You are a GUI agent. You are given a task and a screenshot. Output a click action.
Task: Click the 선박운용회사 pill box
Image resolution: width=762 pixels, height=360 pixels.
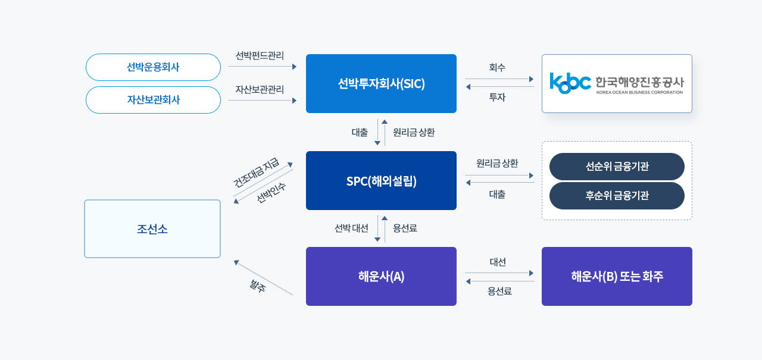pos(153,67)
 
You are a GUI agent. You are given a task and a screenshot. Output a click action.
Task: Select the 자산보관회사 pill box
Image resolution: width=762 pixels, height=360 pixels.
pos(153,100)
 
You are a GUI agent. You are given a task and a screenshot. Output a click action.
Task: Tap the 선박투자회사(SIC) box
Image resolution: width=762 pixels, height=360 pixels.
pos(381,84)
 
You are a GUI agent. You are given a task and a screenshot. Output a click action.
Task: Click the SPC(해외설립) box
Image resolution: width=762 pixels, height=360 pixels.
pos(381,181)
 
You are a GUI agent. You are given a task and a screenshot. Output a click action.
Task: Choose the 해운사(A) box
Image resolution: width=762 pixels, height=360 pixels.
pos(381,277)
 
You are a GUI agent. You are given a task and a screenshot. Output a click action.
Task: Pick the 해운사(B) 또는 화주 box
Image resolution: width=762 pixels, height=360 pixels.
pos(617,277)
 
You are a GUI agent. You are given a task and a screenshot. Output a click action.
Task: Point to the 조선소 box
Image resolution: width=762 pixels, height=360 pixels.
pos(152,229)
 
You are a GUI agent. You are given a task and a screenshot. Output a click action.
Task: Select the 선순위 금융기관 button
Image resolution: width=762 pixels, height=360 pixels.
pos(617,167)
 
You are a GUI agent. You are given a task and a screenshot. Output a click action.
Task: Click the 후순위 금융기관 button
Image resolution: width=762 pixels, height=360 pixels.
pos(617,196)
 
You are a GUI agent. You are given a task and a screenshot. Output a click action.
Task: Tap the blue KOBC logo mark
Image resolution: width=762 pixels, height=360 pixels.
pos(570,83)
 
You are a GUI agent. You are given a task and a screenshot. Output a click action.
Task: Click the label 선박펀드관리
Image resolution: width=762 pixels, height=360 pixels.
pos(260,56)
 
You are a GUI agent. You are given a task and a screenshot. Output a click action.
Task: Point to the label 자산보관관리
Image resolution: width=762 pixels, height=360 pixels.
pos(260,89)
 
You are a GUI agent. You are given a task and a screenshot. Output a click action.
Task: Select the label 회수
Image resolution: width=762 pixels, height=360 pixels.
pos(497,68)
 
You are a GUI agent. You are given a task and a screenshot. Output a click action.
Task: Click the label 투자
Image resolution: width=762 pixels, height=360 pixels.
pos(497,97)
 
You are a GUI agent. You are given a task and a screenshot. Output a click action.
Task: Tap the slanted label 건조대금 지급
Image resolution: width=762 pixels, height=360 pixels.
pos(256,173)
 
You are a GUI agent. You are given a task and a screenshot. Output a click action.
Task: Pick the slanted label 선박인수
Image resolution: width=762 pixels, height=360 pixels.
pos(271,193)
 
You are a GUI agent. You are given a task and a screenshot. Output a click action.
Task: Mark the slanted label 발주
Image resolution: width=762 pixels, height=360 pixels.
pos(258,286)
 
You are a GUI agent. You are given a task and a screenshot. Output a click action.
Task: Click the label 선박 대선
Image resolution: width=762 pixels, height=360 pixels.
pos(351,228)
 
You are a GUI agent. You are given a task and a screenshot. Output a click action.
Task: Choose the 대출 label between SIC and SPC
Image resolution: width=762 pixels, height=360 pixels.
pos(360,133)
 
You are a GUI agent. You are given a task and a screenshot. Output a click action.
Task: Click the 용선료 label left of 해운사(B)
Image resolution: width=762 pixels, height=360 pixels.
pos(499,291)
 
